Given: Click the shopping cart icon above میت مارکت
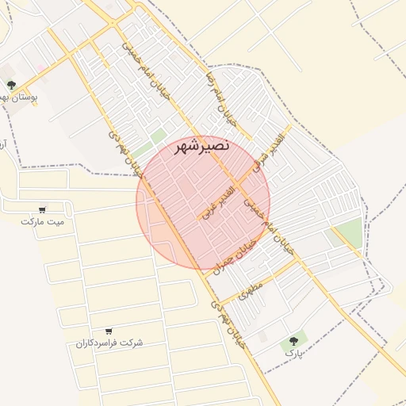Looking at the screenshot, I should point(42,210).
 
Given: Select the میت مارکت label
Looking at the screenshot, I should point(42,221).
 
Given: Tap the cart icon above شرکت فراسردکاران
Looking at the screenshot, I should point(109,331).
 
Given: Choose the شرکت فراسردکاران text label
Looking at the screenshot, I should point(109,343).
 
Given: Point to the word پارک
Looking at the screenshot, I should point(294,352).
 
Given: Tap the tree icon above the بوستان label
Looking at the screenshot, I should point(11,85).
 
